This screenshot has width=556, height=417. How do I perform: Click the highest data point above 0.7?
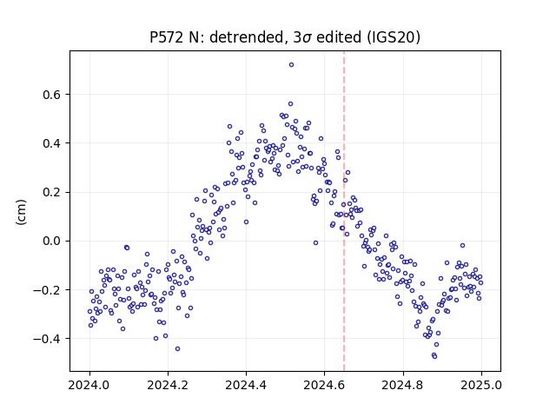tap(292, 65)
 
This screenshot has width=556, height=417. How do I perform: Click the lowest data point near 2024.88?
tap(434, 356)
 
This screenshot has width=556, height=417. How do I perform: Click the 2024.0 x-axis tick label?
tap(89, 385)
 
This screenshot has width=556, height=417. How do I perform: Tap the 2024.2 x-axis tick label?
tap(168, 385)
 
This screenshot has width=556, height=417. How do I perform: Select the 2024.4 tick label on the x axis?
tap(246, 385)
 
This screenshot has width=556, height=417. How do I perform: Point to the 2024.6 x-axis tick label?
tap(324, 385)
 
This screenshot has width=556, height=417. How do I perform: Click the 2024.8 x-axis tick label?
tap(403, 385)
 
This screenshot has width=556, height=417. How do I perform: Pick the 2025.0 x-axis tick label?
tap(481, 385)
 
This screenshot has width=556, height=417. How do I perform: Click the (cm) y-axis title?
tap(21, 212)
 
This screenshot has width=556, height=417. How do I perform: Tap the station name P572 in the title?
tap(166, 37)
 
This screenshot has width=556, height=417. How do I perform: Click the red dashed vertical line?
tap(344, 211)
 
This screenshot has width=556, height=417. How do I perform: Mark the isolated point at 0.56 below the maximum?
tap(290, 104)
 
